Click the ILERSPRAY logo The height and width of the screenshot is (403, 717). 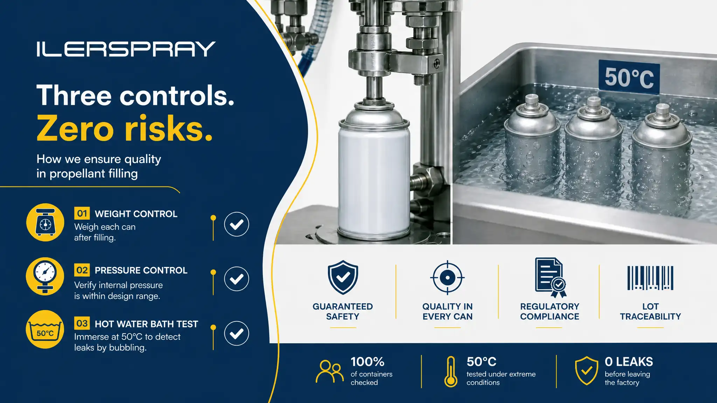tap(126, 49)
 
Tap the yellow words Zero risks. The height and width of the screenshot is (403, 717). tap(125, 128)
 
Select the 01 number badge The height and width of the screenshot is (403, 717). tap(82, 213)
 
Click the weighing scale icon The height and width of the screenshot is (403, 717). tap(45, 222)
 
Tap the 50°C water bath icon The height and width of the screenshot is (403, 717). tap(45, 329)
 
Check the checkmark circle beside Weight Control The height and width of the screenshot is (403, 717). tap(237, 224)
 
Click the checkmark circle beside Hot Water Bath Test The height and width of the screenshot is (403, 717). tap(237, 333)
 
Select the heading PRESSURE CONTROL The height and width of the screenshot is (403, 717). tap(141, 270)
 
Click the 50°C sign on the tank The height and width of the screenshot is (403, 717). tap(629, 77)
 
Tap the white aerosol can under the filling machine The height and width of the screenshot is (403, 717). tap(374, 171)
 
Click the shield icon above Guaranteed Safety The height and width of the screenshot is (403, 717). tap(343, 277)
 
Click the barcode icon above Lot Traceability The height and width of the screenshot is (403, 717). tap(650, 278)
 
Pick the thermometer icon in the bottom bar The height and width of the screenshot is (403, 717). tap(451, 372)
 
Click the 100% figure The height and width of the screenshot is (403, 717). tap(368, 362)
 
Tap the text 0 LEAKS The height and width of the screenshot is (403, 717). tap(629, 362)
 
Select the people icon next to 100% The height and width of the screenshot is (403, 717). tap(330, 371)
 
